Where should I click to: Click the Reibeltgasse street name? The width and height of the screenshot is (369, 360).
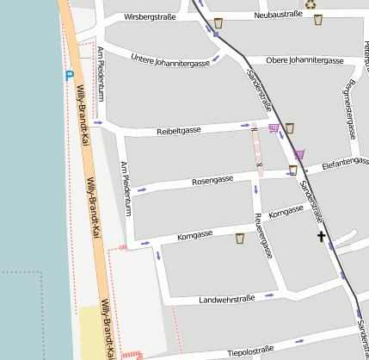coord(179,130)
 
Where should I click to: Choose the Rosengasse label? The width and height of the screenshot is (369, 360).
coord(213,181)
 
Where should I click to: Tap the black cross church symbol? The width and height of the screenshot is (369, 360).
coord(322,236)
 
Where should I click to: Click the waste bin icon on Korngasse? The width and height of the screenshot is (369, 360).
coord(240,239)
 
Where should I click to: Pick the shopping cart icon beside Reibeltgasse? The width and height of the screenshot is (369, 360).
coord(274,128)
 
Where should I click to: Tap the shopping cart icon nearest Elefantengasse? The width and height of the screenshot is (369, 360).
coord(299,154)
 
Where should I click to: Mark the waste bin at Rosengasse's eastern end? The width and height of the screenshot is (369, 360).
coord(293,171)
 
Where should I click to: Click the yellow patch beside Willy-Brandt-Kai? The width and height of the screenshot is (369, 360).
coord(89,332)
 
